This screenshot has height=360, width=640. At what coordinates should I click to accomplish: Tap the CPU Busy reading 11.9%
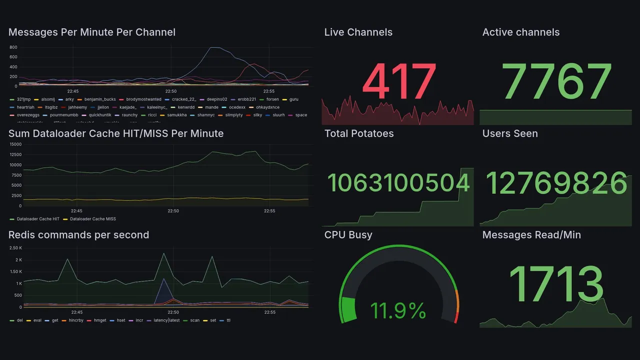pos(398,310)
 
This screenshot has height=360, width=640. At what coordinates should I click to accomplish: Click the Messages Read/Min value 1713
pos(556,284)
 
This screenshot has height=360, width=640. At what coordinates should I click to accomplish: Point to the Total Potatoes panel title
pos(359,133)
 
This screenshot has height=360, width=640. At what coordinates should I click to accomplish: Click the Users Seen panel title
pos(510,133)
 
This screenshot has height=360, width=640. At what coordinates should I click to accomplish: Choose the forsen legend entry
pos(272,99)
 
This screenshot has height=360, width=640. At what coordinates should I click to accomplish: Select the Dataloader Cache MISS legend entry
pos(93,219)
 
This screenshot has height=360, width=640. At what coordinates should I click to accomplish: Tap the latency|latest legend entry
pos(166,320)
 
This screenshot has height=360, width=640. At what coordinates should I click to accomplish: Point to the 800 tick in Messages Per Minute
pos(13,47)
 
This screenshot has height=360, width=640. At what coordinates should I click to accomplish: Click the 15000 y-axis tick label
pos(15,144)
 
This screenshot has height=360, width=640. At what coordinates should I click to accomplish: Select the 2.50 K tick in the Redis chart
pos(15,248)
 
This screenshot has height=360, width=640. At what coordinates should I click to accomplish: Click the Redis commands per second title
pos(78,235)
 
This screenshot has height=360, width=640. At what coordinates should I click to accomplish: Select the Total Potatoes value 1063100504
pos(398,183)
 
